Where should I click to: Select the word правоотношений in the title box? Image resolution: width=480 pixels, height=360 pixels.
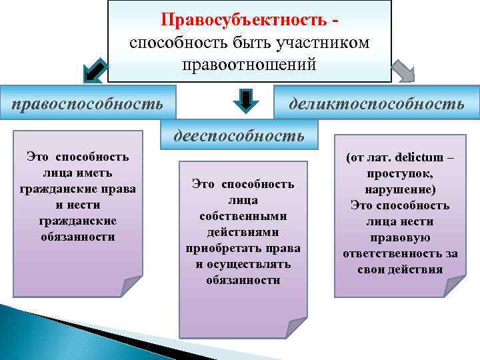[x=249, y=65]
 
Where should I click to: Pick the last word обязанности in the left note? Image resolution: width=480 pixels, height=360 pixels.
[x=78, y=237]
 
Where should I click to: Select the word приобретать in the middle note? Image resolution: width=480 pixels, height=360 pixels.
[x=224, y=248]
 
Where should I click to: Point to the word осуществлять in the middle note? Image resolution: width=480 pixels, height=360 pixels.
[x=254, y=264]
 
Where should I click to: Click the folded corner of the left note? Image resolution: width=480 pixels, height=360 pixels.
[x=131, y=285]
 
